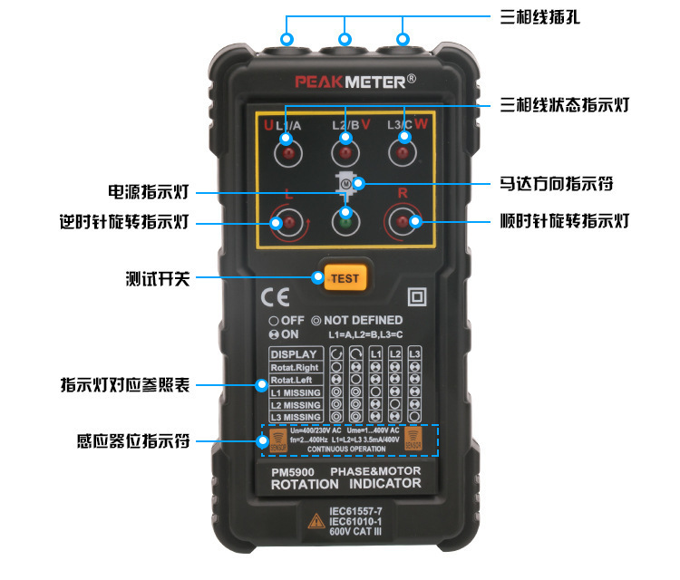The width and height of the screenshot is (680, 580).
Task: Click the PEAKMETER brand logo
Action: pos(355,81)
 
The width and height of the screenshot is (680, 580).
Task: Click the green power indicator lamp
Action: pos(345,220)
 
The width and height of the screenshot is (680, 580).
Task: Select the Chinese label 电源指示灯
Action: pos(148,192)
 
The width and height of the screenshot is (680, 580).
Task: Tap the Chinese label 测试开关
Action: pos(158,278)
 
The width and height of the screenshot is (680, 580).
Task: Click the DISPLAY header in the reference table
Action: pos(294,353)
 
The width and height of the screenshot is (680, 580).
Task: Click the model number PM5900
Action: pos(292,471)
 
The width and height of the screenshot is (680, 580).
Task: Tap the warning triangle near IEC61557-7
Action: pos(315,521)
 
